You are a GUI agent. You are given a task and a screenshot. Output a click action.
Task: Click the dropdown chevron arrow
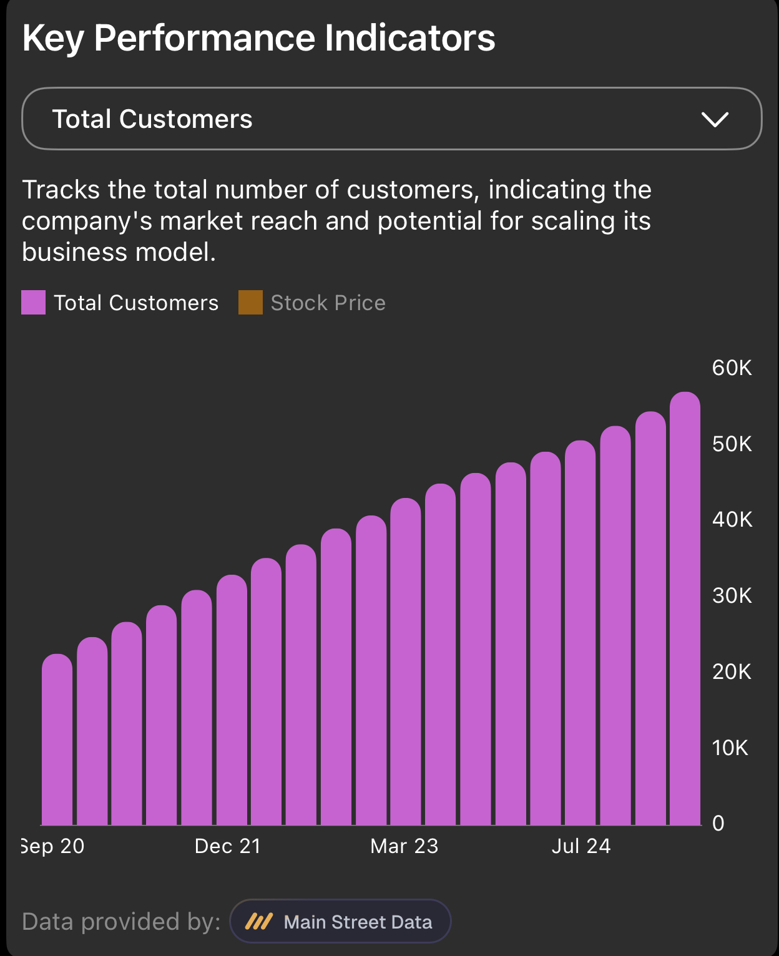(714, 119)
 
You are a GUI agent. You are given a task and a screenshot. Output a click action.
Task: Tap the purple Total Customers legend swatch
(33, 302)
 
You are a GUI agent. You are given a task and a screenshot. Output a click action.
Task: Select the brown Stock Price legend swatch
(250, 302)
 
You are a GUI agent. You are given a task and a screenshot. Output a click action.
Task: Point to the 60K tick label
(732, 368)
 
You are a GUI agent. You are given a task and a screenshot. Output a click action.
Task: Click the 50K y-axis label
(732, 444)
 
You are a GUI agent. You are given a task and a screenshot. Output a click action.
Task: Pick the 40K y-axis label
(732, 519)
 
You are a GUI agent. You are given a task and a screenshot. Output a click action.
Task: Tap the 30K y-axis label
(732, 595)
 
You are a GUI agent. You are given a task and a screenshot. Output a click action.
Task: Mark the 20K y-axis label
(732, 671)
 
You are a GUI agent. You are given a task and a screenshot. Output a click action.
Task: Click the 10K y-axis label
(730, 748)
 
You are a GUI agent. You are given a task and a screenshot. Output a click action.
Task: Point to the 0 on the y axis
(718, 823)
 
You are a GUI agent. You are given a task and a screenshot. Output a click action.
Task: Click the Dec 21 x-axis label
(228, 846)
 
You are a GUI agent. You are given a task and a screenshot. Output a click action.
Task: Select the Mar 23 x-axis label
(404, 846)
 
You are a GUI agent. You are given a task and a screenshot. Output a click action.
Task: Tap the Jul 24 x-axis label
(581, 846)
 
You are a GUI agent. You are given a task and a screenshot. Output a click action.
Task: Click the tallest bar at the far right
(685, 608)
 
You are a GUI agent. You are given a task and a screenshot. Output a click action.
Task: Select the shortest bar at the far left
(57, 739)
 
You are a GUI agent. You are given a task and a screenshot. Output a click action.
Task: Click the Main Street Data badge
(340, 922)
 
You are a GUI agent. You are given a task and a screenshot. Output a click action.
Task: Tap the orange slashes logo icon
(258, 922)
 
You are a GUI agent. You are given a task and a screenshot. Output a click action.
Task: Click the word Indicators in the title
(409, 38)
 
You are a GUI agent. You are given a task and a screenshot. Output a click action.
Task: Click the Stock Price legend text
(328, 303)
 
